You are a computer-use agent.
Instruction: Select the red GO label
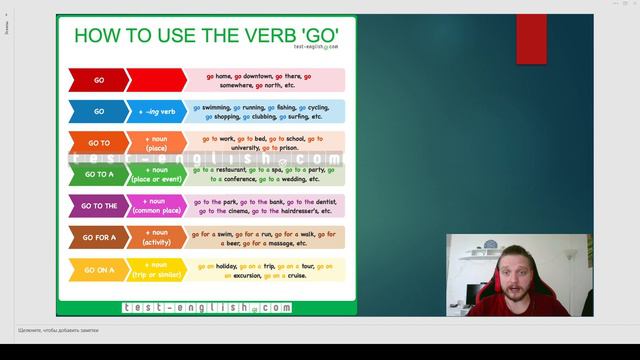pyautogui.click(x=98, y=80)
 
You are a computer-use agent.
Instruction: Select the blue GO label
pyautogui.click(x=98, y=112)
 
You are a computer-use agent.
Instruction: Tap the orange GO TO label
pyautogui.click(x=98, y=143)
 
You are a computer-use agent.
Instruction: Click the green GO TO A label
pyautogui.click(x=98, y=175)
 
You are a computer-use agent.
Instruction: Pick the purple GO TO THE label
pyautogui.click(x=98, y=206)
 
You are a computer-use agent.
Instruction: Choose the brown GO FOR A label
pyautogui.click(x=98, y=238)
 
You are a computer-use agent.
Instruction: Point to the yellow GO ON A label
pyautogui.click(x=98, y=270)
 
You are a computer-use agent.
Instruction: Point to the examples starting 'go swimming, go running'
pyautogui.click(x=265, y=112)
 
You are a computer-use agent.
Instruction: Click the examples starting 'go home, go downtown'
pyautogui.click(x=265, y=80)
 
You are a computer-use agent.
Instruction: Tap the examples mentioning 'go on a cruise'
pyautogui.click(x=265, y=270)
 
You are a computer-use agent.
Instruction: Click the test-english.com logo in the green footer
pyautogui.click(x=206, y=308)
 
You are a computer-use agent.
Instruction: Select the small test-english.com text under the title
pyautogui.click(x=316, y=47)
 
